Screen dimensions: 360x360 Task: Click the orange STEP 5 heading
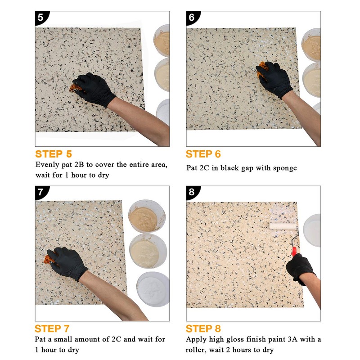coord(53,154)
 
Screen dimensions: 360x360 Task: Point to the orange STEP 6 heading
coord(203,154)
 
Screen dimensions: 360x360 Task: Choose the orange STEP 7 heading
coord(52,328)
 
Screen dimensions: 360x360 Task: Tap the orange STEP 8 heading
coord(203,328)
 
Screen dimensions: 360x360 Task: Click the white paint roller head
coord(282,227)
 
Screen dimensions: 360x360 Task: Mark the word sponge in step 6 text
coord(284,168)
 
